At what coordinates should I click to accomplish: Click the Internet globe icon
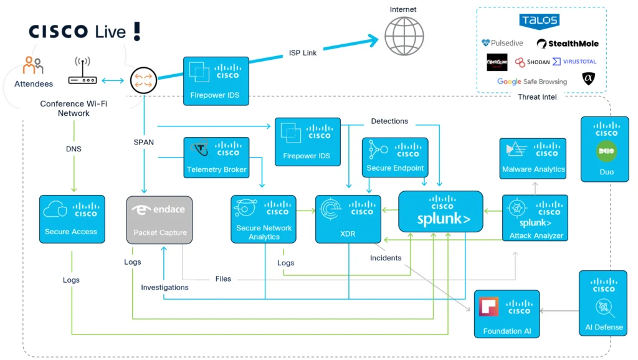[x=404, y=36]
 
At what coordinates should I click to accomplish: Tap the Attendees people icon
[x=33, y=65]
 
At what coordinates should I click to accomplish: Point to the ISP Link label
[x=303, y=53]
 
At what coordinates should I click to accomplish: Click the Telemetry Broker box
[x=216, y=156]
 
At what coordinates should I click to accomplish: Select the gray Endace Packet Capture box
[x=159, y=219]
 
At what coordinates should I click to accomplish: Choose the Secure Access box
[x=71, y=219]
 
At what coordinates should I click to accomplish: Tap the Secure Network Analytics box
[x=264, y=219]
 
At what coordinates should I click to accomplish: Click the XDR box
[x=348, y=219]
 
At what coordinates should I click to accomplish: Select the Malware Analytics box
[x=533, y=158]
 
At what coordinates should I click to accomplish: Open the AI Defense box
[x=603, y=303]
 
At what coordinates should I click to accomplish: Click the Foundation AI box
[x=507, y=314]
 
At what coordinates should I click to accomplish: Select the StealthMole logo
[x=568, y=44]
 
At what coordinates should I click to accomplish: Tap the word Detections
[x=389, y=121]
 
